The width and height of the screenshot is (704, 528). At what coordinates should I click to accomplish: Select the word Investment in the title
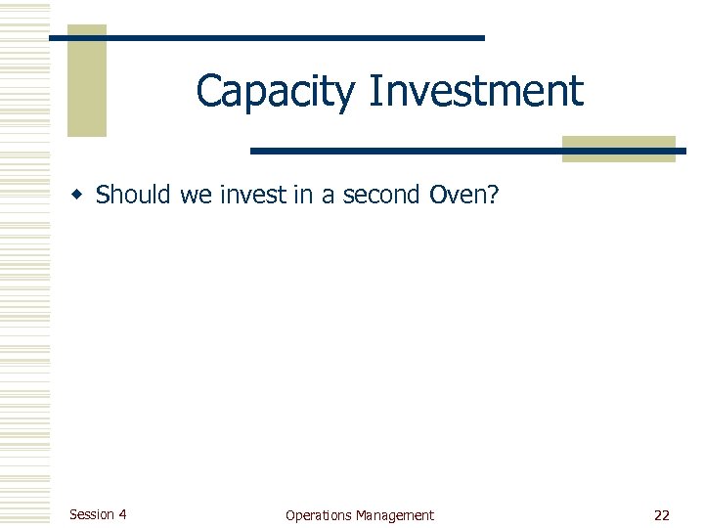point(476,92)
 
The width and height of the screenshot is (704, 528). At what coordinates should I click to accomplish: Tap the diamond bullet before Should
point(82,196)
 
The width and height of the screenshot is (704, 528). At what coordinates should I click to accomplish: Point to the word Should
point(135,196)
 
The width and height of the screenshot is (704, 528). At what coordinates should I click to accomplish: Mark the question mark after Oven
point(493,196)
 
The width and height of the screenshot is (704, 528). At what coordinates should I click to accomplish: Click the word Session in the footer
point(91,514)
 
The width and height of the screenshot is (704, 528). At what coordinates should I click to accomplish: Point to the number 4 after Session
point(121,514)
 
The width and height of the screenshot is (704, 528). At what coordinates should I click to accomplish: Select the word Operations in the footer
point(319,515)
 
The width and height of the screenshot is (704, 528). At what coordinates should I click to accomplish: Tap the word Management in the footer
point(395,515)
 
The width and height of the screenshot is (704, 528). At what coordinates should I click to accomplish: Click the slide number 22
point(662,515)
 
